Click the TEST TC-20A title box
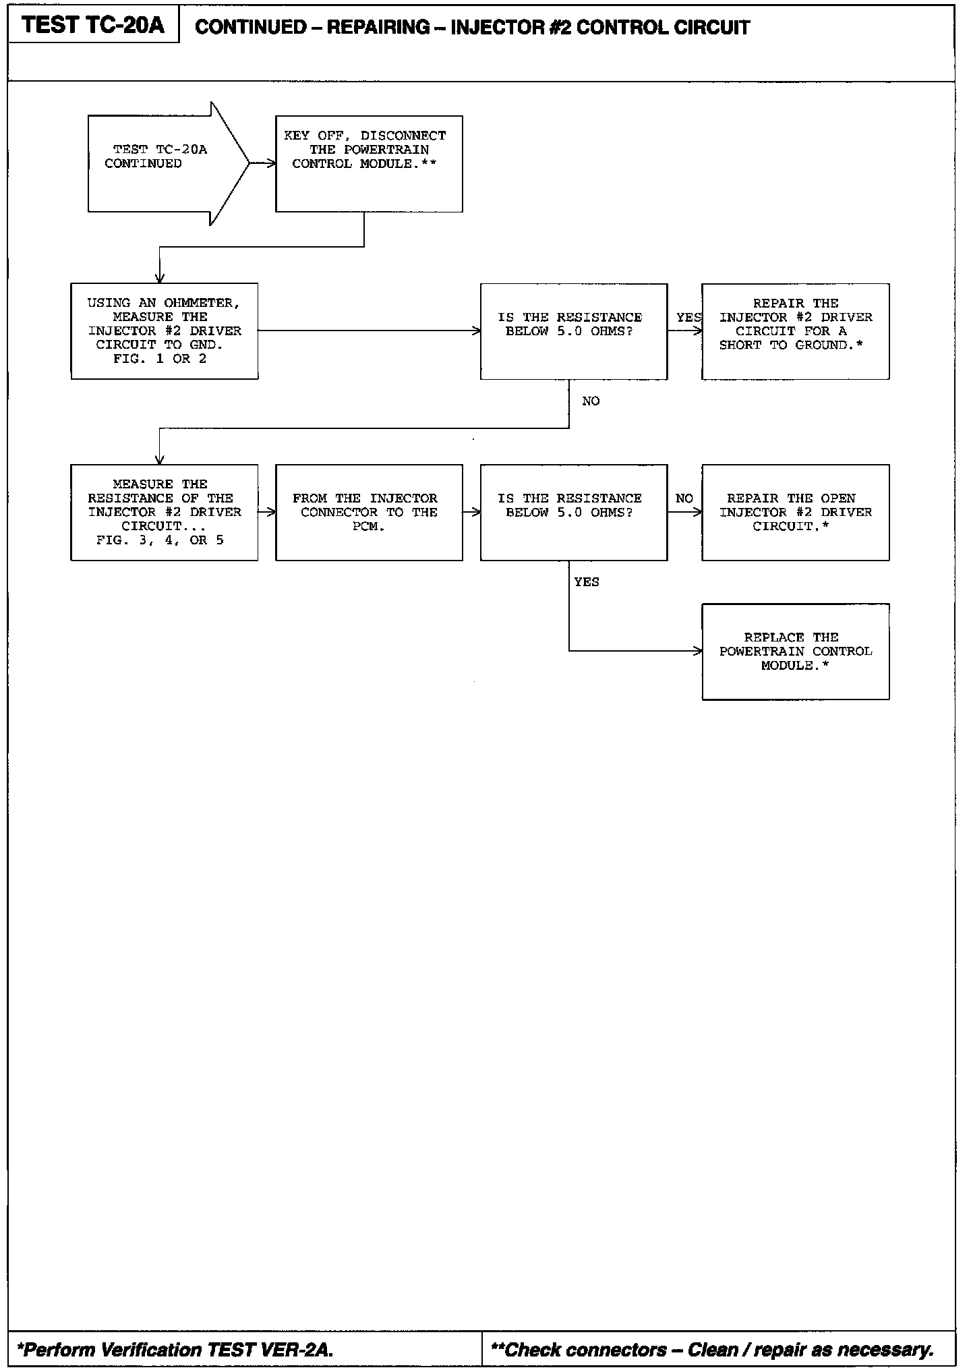click(x=93, y=25)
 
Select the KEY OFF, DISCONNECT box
click(x=369, y=164)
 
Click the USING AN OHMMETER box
click(x=165, y=331)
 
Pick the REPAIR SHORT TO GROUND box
click(x=795, y=331)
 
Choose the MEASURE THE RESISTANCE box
click(x=165, y=512)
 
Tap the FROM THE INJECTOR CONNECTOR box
click(x=369, y=512)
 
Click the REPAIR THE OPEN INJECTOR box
click(x=795, y=512)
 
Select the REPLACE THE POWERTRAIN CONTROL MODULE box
click(x=795, y=652)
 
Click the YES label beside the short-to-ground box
click(x=689, y=317)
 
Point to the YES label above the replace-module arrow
click(x=587, y=581)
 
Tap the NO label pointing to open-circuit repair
click(x=684, y=498)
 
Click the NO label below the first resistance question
click(x=591, y=401)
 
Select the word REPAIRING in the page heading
click(x=378, y=27)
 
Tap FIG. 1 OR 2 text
click(x=160, y=359)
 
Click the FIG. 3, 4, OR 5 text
click(x=160, y=540)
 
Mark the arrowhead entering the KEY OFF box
click(x=271, y=163)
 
